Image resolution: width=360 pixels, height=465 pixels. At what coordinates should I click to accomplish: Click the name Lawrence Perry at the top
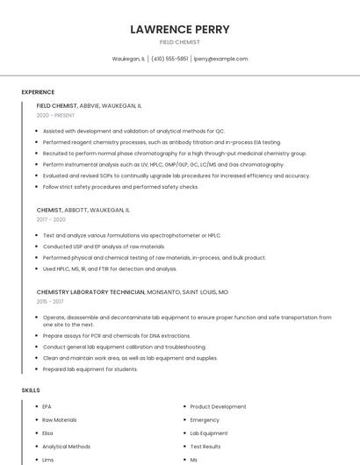click(179, 29)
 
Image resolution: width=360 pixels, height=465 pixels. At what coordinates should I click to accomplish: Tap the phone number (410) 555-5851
click(169, 59)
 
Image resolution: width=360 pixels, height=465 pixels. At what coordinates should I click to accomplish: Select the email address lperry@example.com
click(220, 59)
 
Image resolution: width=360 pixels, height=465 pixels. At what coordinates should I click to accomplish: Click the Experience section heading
click(38, 92)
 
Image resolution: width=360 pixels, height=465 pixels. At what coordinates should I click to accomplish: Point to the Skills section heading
click(31, 390)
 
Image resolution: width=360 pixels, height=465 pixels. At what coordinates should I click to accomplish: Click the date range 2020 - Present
click(55, 115)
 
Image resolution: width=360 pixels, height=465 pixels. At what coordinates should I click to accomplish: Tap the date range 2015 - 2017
click(49, 301)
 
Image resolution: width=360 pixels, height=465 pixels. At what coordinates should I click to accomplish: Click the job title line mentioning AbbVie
click(89, 105)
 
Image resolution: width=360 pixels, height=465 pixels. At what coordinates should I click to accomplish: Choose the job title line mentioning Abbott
click(83, 211)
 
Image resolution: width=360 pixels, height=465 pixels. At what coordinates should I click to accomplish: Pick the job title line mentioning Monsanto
click(132, 291)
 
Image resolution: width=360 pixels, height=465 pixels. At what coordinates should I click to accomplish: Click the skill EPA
click(47, 407)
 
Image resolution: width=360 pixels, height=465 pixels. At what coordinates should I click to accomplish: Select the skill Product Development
click(218, 407)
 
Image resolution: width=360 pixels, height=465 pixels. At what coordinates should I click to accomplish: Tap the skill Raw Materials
click(60, 420)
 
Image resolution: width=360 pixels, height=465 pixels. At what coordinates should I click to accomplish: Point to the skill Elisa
click(48, 433)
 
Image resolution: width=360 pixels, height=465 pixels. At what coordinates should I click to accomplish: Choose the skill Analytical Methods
click(67, 447)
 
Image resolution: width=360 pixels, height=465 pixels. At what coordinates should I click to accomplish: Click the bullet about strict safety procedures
click(120, 187)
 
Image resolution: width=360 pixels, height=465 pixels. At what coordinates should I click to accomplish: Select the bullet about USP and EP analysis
click(104, 247)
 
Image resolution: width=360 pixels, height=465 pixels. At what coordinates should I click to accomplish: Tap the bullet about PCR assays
click(116, 335)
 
